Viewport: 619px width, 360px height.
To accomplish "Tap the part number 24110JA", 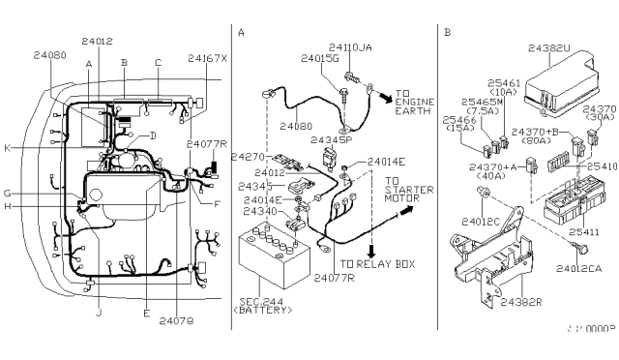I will point(350,46).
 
